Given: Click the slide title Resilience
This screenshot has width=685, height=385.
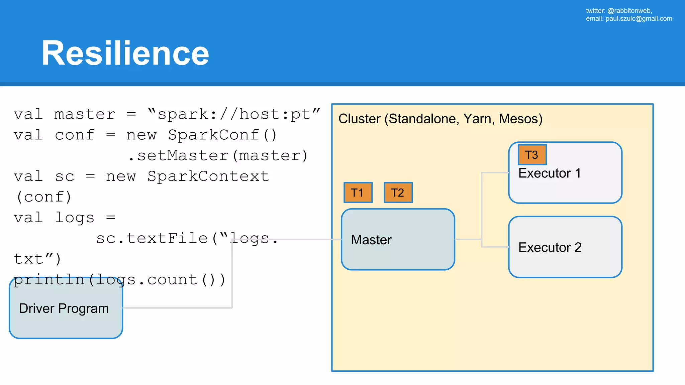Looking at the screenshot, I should coord(125,53).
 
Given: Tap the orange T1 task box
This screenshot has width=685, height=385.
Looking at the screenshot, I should coord(358,192).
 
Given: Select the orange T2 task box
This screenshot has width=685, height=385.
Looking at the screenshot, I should coord(398,192).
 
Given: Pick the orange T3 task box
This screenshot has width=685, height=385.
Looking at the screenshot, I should coord(532,155).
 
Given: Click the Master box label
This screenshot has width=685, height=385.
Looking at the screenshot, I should coord(371,240).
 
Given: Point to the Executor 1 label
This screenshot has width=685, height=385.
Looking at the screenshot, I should coord(550,173).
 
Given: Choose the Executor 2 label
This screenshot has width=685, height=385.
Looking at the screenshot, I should coord(550,247).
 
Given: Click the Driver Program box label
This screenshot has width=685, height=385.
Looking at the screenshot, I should coord(64,308).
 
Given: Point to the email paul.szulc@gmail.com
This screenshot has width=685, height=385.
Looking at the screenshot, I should coord(639,19).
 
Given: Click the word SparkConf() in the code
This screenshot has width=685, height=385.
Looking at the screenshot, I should coord(222,135).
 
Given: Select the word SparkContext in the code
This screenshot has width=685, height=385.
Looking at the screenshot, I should coord(208,176).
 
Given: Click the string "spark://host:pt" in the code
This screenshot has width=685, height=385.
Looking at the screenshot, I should coord(234,114).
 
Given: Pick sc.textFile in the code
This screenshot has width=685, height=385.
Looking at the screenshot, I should coord(152,238).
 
